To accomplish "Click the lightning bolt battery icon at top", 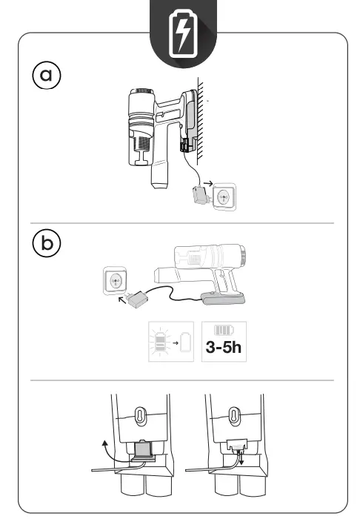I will (x=180, y=33).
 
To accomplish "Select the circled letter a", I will (x=46, y=75).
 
